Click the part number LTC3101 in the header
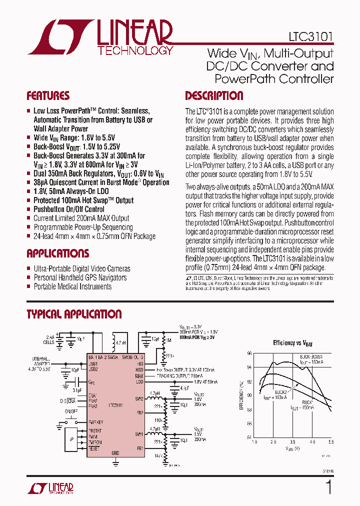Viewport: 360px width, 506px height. click(x=310, y=37)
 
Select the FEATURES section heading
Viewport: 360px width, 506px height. click(x=48, y=96)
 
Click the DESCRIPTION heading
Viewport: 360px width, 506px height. click(x=214, y=96)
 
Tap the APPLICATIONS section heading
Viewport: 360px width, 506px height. click(x=57, y=253)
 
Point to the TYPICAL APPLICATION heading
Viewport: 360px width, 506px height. click(x=73, y=314)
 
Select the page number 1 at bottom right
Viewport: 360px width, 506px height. click(x=328, y=487)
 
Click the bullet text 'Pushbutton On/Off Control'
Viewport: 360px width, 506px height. click(x=69, y=209)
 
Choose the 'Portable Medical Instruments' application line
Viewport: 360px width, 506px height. click(x=72, y=286)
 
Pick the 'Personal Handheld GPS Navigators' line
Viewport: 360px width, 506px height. click(x=80, y=277)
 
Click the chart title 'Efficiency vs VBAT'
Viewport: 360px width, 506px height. click(x=292, y=343)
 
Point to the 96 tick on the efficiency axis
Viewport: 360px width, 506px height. click(x=249, y=353)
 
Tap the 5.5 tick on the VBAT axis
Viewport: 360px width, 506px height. click(x=330, y=442)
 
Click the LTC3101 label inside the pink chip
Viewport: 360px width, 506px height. click(x=115, y=405)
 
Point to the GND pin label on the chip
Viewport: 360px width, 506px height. click(x=115, y=452)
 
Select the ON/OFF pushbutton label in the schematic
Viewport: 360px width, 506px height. click(x=71, y=411)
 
